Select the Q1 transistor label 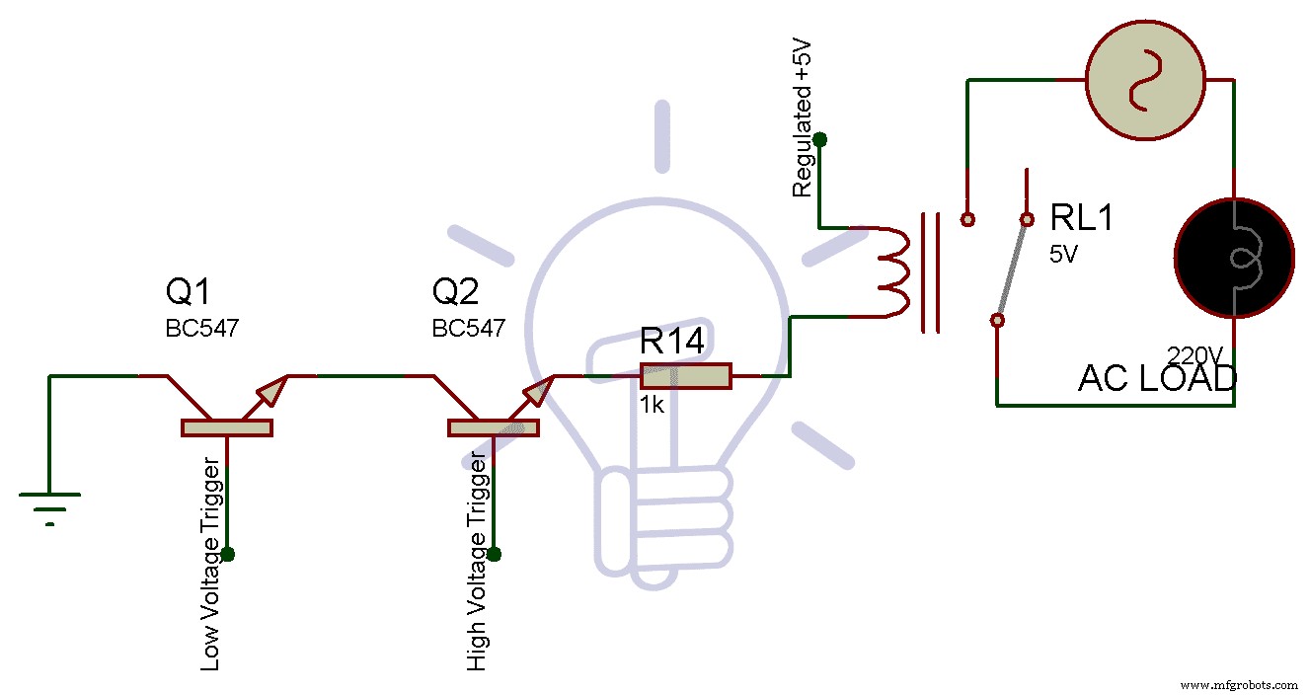tap(188, 293)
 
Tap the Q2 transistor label tap(455, 293)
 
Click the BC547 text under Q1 tap(202, 329)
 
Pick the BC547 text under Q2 tap(469, 329)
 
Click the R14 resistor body tap(685, 376)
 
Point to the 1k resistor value tap(653, 406)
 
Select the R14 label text tap(672, 342)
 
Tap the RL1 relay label tap(1081, 218)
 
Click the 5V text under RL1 tap(1063, 254)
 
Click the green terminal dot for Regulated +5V tap(819, 140)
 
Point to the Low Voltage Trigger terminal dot tap(228, 554)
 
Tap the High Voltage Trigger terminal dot tap(495, 554)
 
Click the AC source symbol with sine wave tap(1145, 80)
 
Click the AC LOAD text tap(1156, 379)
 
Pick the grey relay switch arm tap(1013, 269)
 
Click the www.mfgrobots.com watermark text tap(1239, 684)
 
